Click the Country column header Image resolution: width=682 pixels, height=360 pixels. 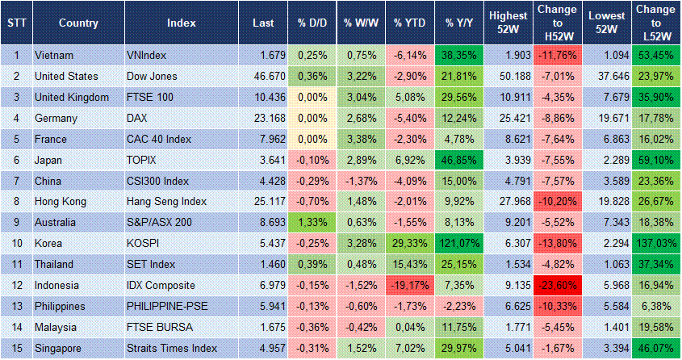[78, 22]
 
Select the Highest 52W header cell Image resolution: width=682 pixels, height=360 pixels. [508, 22]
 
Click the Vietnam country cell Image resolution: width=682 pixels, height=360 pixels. [55, 55]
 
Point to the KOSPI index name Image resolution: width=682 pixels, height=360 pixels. [143, 243]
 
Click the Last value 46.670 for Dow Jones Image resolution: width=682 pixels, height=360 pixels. [258, 76]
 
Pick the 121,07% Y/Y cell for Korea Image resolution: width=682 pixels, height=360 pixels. [458, 243]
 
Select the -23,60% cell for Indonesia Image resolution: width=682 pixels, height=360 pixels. [557, 285]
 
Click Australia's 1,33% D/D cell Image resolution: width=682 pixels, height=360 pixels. [309, 222]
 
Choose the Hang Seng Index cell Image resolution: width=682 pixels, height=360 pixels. [167, 201]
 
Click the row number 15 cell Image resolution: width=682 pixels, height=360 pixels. [15, 348]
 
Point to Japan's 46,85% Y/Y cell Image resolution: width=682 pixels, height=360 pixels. [458, 160]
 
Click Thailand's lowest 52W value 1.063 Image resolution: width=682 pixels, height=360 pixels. [606, 264]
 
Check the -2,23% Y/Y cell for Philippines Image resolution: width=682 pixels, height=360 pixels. [458, 306]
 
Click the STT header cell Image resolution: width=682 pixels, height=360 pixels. [15, 22]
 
